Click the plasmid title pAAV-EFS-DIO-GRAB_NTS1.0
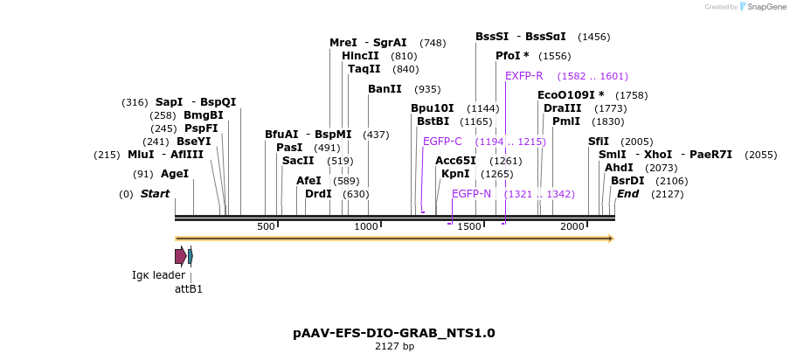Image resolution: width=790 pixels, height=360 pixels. point(394,333)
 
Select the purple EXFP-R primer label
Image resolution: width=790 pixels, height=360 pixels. point(524,76)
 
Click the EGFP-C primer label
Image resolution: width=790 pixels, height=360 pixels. point(442,142)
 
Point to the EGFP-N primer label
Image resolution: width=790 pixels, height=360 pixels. point(471,193)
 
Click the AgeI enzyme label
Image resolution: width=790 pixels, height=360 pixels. point(174,174)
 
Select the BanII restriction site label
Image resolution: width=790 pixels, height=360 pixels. point(385,89)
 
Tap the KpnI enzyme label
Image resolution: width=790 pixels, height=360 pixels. point(455,174)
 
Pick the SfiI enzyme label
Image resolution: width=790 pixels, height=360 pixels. point(598,142)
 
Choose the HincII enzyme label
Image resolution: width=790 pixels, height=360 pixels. point(360,56)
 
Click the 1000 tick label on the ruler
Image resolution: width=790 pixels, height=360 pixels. point(366,227)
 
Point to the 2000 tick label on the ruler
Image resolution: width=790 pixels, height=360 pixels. point(572,227)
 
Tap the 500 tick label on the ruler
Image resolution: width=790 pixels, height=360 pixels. point(266,227)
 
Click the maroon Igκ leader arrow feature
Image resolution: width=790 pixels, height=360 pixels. point(180,256)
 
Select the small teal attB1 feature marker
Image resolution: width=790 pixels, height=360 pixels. point(191,256)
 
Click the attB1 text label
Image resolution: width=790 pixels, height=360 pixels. point(189,288)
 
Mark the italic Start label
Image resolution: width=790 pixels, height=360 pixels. point(155,194)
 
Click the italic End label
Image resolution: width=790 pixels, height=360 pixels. point(627,194)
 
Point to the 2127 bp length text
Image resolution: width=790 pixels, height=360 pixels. point(394,347)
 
